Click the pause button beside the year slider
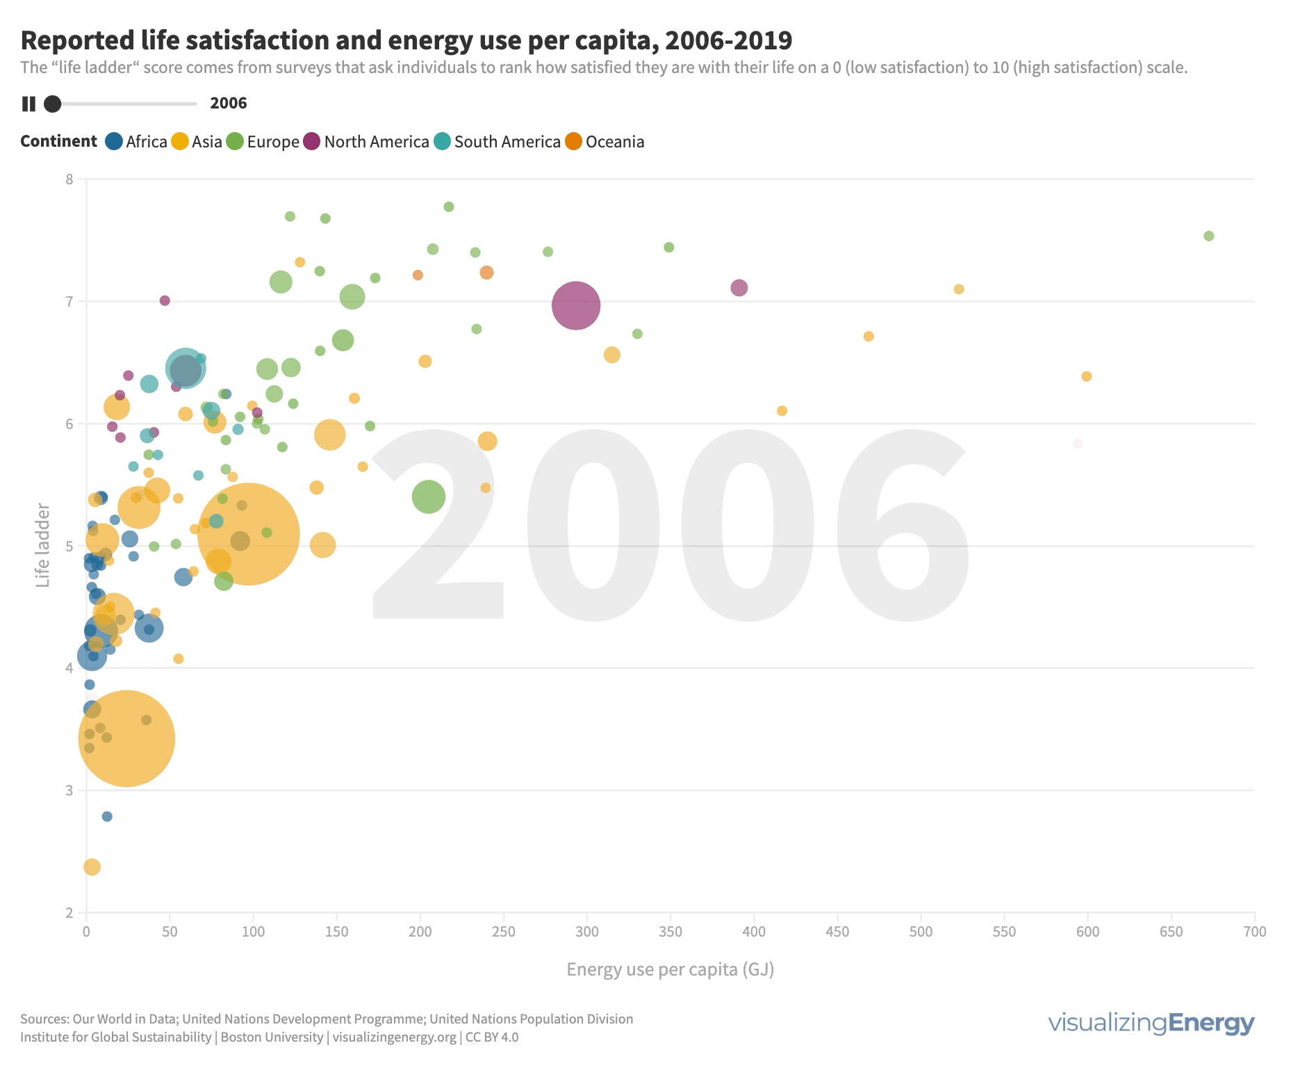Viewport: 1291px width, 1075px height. (x=28, y=104)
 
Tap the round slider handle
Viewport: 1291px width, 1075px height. (x=52, y=104)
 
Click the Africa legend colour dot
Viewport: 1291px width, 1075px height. (x=114, y=142)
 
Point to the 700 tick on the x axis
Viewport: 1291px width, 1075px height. (x=1255, y=932)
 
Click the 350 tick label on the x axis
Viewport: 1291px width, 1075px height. (x=671, y=932)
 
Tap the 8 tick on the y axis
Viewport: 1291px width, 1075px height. (x=69, y=179)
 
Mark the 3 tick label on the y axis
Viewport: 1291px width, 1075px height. (x=69, y=791)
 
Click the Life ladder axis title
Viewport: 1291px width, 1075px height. (x=43, y=546)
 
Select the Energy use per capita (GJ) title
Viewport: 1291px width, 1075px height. (x=670, y=969)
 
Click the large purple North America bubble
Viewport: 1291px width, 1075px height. (x=576, y=305)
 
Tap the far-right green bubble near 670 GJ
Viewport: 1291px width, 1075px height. (x=1208, y=236)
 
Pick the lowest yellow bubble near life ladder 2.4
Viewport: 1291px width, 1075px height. (x=92, y=867)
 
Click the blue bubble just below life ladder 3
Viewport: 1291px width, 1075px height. (x=107, y=816)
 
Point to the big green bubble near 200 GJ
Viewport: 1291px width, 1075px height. (x=428, y=496)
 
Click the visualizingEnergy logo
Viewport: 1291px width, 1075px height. (x=1151, y=1023)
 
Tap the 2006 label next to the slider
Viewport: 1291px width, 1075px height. (x=229, y=104)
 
